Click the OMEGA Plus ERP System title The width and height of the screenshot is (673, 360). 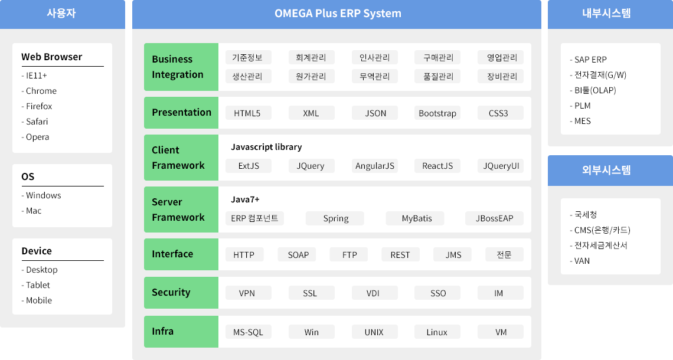(338, 14)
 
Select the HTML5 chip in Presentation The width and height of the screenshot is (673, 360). (248, 113)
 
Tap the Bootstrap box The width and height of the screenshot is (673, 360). (437, 113)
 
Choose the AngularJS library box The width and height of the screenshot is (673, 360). (375, 166)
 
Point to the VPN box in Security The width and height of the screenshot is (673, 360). (248, 293)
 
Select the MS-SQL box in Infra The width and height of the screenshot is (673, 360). (248, 332)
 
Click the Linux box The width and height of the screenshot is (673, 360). (437, 332)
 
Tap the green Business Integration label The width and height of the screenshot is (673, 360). (181, 67)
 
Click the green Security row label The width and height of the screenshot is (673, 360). (181, 293)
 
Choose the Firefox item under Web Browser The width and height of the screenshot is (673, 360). (37, 106)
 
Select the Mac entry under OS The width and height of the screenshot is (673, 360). (31, 211)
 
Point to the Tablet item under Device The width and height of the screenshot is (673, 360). (35, 285)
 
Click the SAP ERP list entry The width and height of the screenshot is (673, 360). (588, 60)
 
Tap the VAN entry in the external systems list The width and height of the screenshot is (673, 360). (580, 261)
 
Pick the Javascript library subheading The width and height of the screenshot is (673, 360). (266, 147)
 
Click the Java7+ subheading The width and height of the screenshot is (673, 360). (245, 199)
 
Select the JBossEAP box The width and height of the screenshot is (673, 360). (495, 218)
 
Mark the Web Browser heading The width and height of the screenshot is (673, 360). (51, 57)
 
